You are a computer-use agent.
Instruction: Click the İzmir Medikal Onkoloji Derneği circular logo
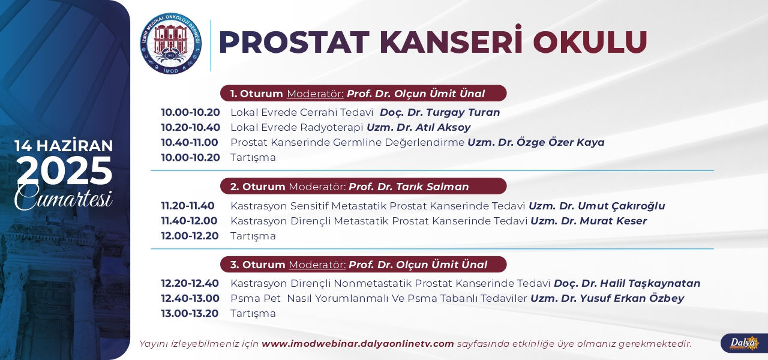(171, 44)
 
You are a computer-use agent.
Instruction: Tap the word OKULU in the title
(590, 42)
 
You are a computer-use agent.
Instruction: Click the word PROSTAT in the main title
(294, 42)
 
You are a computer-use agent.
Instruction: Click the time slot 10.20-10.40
(191, 127)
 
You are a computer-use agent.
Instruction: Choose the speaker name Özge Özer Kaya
(560, 142)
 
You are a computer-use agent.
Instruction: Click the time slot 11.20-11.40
(188, 206)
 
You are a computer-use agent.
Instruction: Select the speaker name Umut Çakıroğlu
(621, 206)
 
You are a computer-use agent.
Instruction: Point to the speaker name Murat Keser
(613, 221)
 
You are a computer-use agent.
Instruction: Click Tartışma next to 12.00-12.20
(253, 236)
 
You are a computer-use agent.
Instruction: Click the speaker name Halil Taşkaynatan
(650, 284)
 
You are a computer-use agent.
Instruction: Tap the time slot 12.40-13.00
(190, 298)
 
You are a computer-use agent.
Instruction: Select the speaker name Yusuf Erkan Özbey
(632, 298)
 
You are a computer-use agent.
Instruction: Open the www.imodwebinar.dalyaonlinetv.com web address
(358, 344)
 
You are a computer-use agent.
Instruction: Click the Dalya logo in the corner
(744, 343)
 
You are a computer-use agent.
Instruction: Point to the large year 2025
(65, 170)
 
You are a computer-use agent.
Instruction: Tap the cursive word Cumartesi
(64, 198)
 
